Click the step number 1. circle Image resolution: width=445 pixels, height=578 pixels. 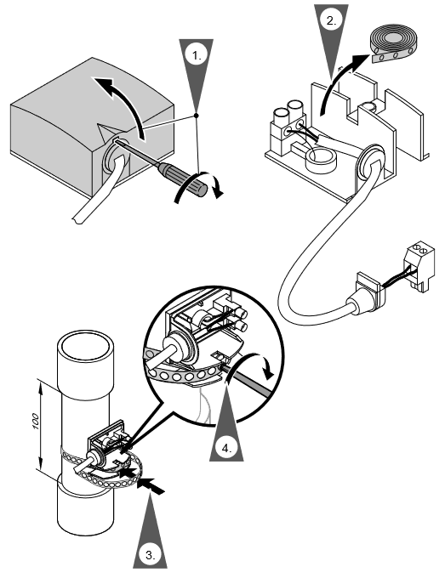click(x=197, y=55)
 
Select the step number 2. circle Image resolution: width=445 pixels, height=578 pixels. click(x=331, y=20)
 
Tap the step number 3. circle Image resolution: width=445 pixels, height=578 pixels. click(x=150, y=555)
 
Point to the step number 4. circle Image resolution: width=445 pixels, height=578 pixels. click(x=226, y=448)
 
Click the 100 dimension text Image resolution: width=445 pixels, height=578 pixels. click(x=36, y=422)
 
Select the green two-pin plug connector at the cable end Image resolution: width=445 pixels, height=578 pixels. click(x=419, y=264)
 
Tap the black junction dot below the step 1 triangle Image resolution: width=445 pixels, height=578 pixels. click(x=197, y=116)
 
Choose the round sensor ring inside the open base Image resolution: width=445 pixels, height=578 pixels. click(x=321, y=161)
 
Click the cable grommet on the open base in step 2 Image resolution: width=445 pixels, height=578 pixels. click(x=369, y=164)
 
